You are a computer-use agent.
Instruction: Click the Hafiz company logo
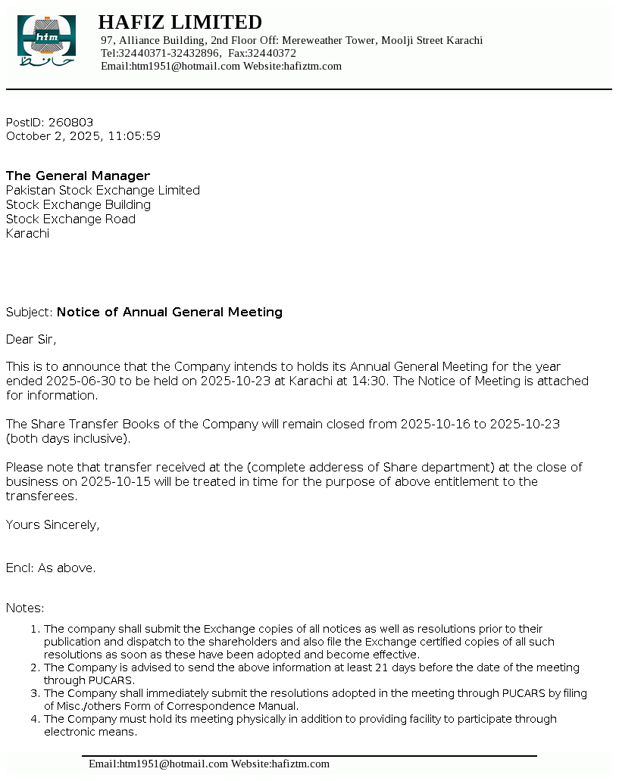[46, 39]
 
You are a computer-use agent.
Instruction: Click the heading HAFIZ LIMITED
[180, 22]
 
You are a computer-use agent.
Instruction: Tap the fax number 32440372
[271, 53]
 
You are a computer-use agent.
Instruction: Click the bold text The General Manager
[78, 176]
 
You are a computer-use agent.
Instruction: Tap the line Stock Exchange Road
[70, 219]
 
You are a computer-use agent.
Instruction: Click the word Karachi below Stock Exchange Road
[27, 234]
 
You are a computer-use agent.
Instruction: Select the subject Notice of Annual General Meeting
[170, 313]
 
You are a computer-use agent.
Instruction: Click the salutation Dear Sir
[31, 339]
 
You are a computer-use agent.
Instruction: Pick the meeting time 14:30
[370, 381]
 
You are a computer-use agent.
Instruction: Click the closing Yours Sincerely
[52, 525]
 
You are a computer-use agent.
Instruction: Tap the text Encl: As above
[51, 568]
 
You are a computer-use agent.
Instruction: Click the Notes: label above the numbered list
[25, 608]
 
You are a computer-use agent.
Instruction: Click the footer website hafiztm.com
[300, 764]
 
